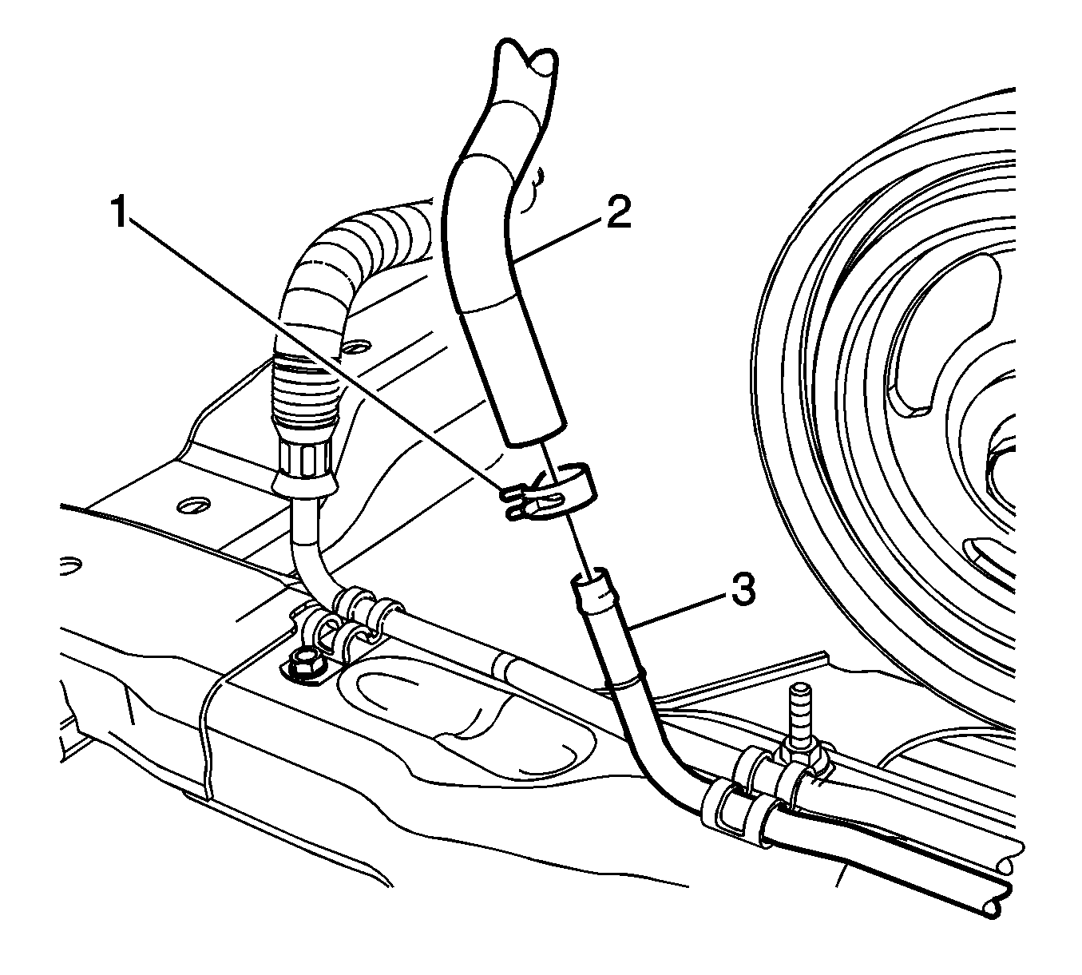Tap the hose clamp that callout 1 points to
(x=548, y=492)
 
